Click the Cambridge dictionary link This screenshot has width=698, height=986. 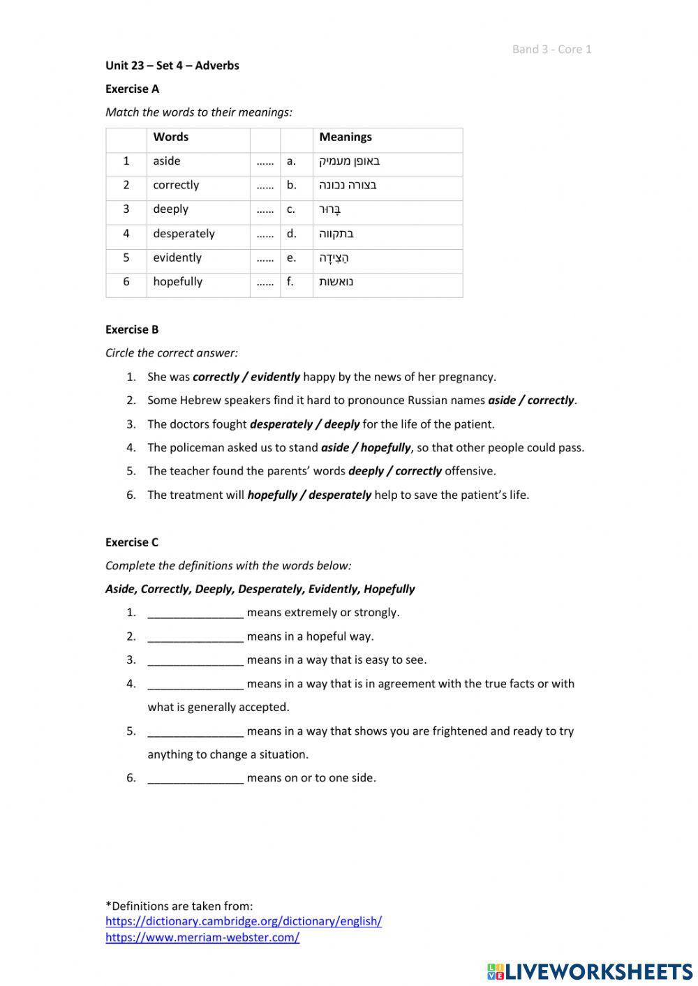[244, 921]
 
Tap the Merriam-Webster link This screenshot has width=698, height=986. [202, 937]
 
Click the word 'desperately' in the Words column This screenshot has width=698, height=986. [184, 234]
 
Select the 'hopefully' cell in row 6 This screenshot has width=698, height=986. [177, 282]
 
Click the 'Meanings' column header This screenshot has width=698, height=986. [346, 137]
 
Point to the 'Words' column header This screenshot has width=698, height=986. [171, 137]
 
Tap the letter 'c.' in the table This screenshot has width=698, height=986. [291, 209]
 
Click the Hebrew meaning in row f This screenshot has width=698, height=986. [336, 282]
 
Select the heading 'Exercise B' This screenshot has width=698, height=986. [132, 329]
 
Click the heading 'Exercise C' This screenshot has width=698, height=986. [132, 542]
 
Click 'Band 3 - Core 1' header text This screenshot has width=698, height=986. [551, 49]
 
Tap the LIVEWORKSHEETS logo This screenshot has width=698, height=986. [590, 971]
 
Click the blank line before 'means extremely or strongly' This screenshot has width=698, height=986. [195, 613]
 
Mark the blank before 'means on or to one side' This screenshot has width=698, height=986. [195, 778]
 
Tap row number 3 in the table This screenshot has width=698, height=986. [126, 209]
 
